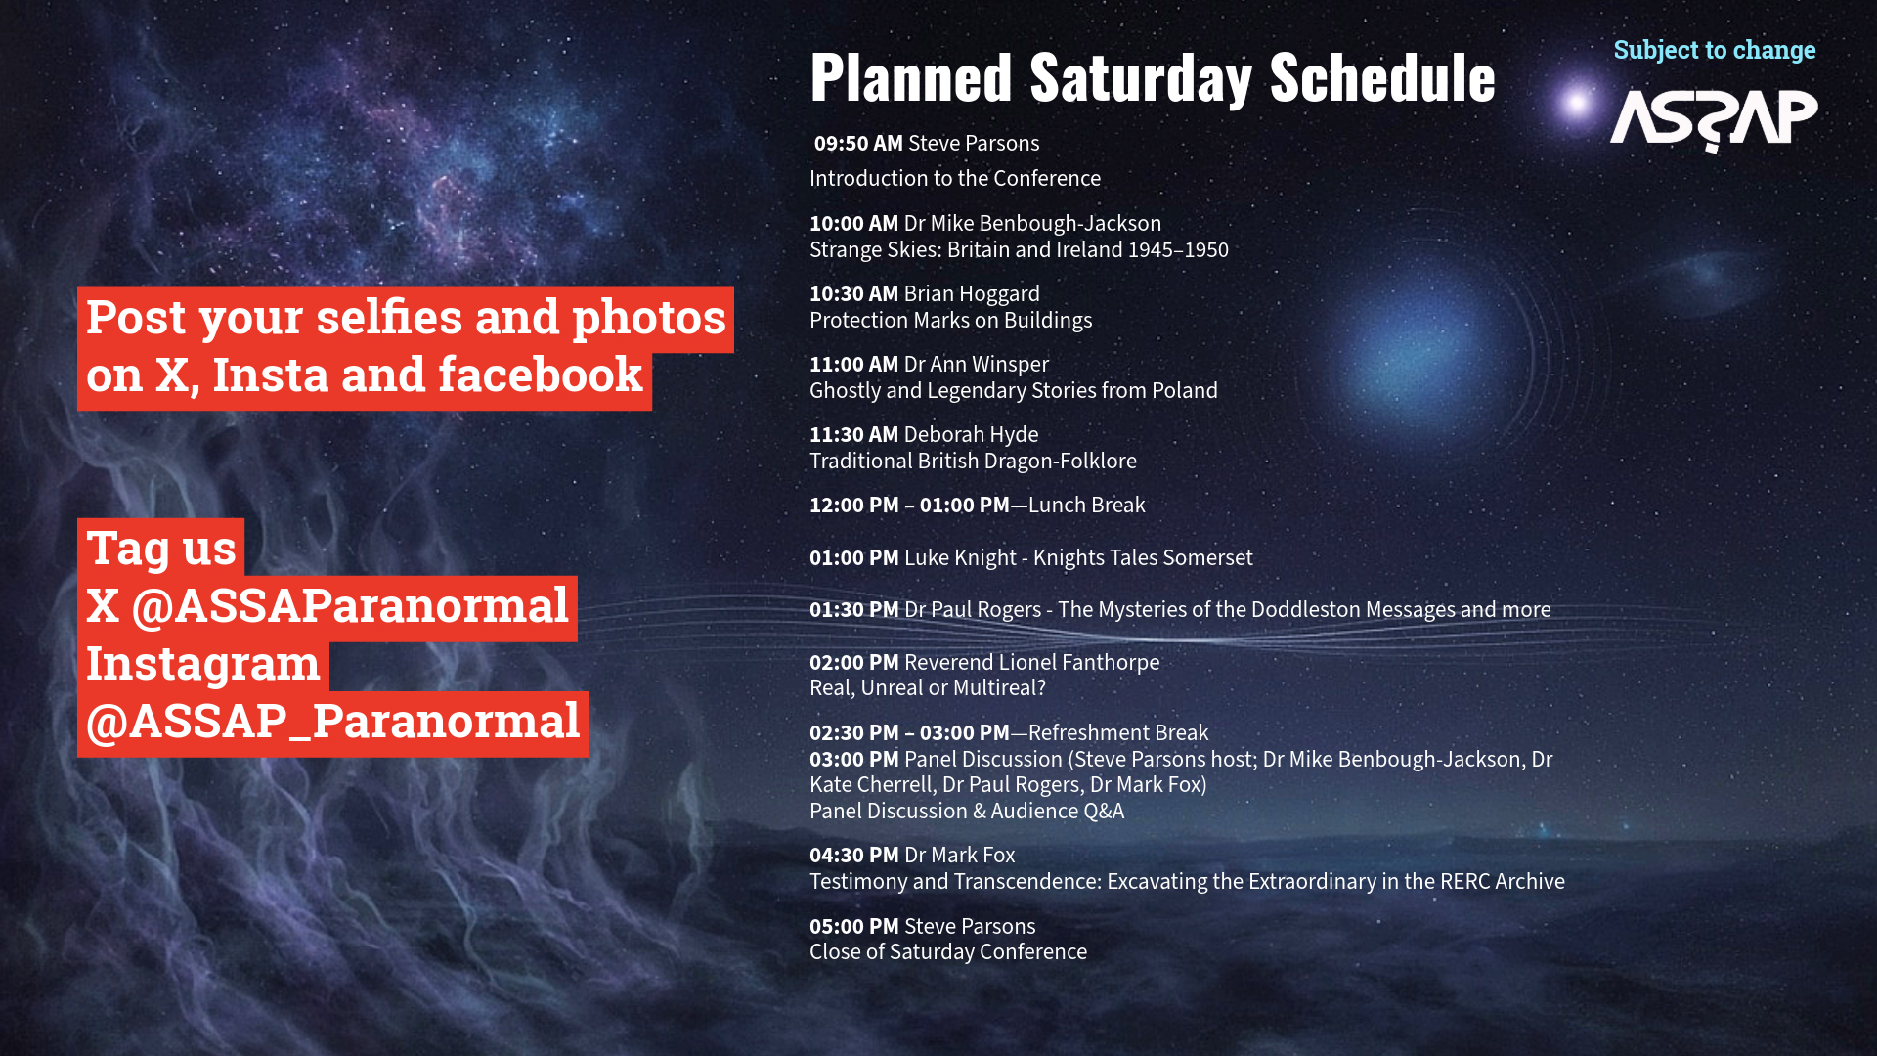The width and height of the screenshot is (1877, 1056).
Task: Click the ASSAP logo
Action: coord(1714,120)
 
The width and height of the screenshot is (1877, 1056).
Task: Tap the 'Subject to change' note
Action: coord(1715,50)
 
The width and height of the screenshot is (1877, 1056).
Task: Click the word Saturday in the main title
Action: coord(1140,78)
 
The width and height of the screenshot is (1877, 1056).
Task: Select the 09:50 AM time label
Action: coord(858,144)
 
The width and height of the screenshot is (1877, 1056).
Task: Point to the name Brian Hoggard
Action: coord(972,294)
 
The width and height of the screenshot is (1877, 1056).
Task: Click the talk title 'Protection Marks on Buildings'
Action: coord(950,321)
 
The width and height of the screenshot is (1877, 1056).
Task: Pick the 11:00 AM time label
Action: coord(853,365)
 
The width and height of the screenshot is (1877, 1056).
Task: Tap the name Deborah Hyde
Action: coord(971,435)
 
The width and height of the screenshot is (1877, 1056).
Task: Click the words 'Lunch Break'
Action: coord(1086,506)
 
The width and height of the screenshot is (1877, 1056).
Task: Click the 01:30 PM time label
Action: coord(853,610)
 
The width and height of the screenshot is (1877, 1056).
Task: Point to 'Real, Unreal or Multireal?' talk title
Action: coord(928,688)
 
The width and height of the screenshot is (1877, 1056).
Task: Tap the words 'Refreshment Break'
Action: coord(1118,733)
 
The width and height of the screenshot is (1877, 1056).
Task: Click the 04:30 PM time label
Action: coord(853,856)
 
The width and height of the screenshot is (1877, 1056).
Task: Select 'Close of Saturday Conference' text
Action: coord(948,952)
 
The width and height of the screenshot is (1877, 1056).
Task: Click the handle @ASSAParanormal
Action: coord(350,606)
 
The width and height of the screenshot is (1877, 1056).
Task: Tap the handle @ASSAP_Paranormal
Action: coord(333,722)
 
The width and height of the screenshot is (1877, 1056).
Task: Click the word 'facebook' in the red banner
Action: coord(541,375)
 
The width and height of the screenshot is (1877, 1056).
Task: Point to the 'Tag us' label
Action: coord(161,549)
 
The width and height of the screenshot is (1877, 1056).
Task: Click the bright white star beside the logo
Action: coord(1576,102)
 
